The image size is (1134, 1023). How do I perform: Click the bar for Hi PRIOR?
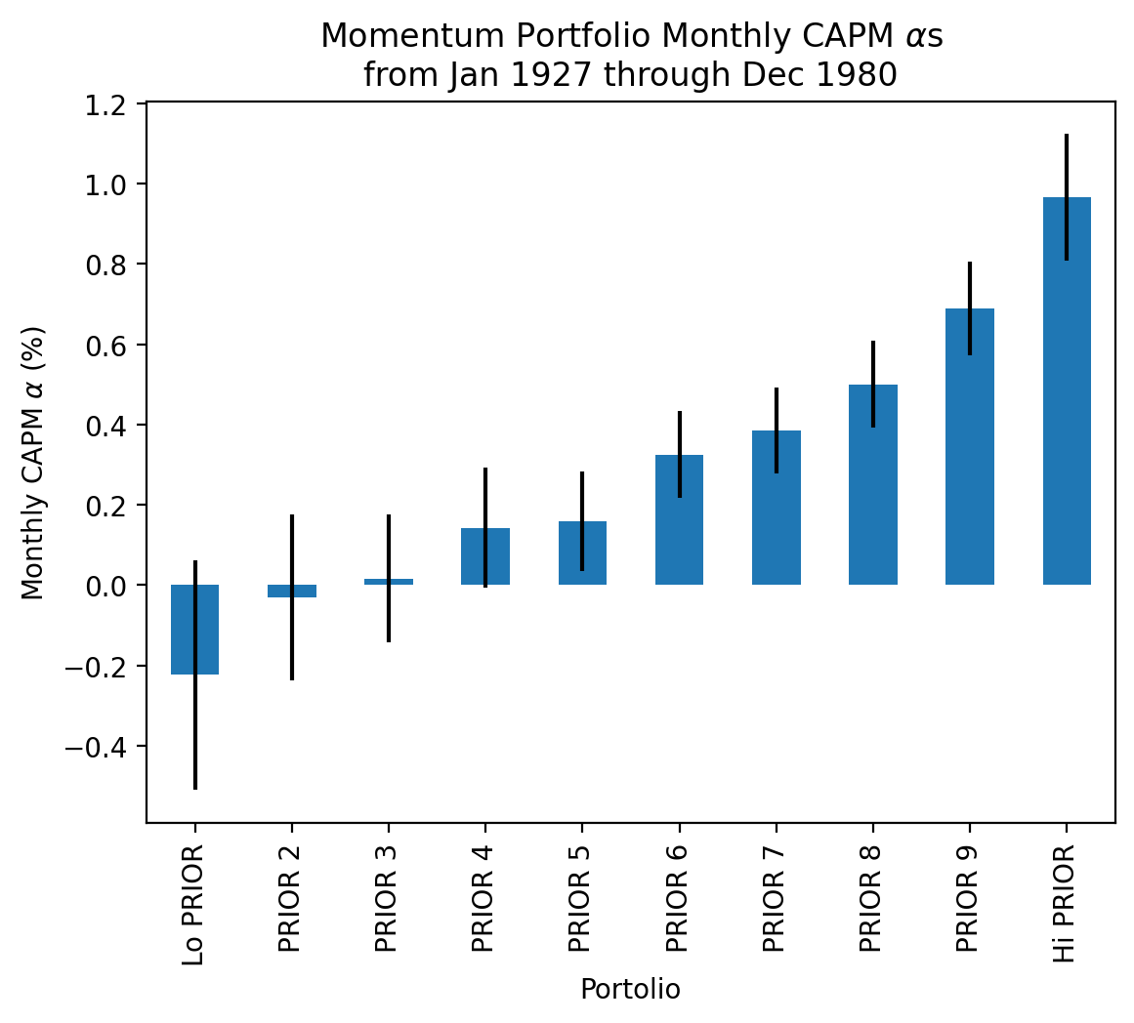tap(1067, 390)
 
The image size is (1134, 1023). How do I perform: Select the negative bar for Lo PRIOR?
tap(194, 630)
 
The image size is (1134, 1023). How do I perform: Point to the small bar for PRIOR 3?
tap(389, 582)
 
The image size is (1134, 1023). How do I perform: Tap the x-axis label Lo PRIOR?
tap(194, 905)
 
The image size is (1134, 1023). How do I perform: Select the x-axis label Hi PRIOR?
tap(1067, 905)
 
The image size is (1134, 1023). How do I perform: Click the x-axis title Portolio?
tap(630, 990)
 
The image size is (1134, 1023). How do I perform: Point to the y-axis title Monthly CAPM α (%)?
tap(34, 463)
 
